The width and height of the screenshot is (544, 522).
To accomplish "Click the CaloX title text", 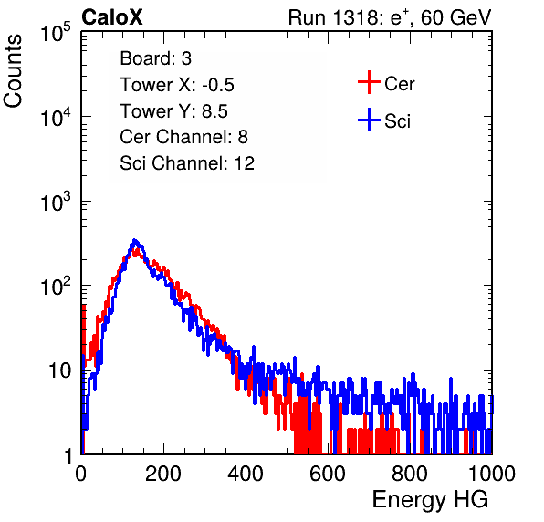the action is coord(112,17).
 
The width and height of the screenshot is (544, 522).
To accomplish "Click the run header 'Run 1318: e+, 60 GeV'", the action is coord(390,17).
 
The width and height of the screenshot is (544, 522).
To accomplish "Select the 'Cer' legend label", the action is coord(399,84).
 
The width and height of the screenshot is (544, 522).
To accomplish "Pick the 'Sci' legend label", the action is coord(397,121).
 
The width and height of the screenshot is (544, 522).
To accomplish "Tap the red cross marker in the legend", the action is coord(369,82).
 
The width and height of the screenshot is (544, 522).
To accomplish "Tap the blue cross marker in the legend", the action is coord(369,120).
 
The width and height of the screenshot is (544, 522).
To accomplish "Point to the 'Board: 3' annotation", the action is coord(155,58).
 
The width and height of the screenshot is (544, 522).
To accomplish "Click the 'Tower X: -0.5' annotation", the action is coord(177,85).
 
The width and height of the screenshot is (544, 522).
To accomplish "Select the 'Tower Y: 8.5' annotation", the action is coord(173,111).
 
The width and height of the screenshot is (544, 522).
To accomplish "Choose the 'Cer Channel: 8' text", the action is coord(183,137).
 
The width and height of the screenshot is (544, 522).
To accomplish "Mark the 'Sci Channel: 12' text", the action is coord(187,163).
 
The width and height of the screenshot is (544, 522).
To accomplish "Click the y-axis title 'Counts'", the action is coord(13,70).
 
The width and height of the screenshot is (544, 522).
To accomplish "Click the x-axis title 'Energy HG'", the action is coord(430,500).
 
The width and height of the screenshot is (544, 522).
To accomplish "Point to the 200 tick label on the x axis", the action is coord(163,474).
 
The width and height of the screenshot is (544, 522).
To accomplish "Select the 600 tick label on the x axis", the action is coord(328,474).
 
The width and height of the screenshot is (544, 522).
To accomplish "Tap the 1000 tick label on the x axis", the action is coord(492,474).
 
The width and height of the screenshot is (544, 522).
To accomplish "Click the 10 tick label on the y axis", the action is coord(59,371).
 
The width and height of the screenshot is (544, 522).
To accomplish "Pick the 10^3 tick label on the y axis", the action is coord(57,201).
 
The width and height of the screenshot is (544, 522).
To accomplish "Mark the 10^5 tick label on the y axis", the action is coord(57,32).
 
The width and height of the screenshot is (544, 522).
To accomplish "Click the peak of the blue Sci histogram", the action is coord(135,240).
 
